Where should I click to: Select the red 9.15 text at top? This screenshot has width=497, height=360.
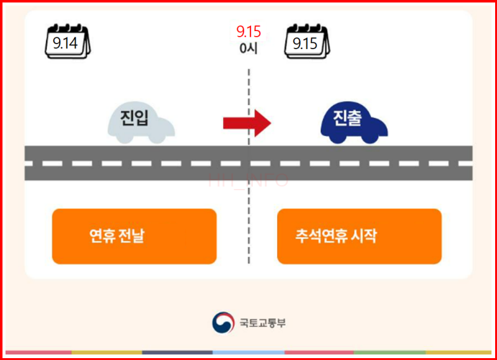click(248, 32)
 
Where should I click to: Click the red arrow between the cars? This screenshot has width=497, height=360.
click(247, 122)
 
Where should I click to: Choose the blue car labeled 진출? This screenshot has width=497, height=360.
click(353, 121)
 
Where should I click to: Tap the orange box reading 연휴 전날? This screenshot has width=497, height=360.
click(134, 236)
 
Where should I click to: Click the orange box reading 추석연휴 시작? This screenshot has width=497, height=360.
click(359, 236)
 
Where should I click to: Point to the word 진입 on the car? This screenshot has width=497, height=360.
click(134, 118)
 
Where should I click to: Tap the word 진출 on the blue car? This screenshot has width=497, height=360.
click(347, 118)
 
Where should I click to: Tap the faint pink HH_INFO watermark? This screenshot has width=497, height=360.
click(248, 181)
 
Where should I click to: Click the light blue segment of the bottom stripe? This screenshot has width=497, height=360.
click(248, 353)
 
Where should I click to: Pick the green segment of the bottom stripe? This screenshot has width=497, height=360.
click(390, 353)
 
